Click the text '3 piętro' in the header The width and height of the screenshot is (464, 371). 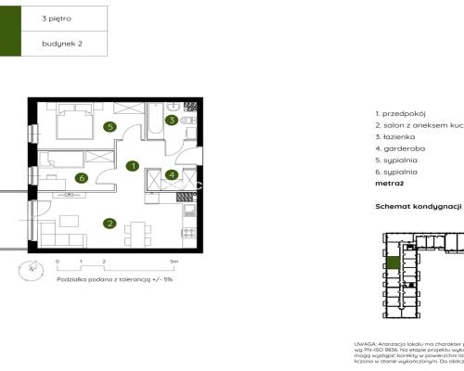click(x=58, y=18)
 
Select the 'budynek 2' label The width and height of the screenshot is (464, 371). click(x=62, y=43)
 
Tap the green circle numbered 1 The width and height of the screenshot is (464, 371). click(x=133, y=167)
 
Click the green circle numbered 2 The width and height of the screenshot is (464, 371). click(x=110, y=223)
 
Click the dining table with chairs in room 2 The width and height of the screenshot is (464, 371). click(x=136, y=229)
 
